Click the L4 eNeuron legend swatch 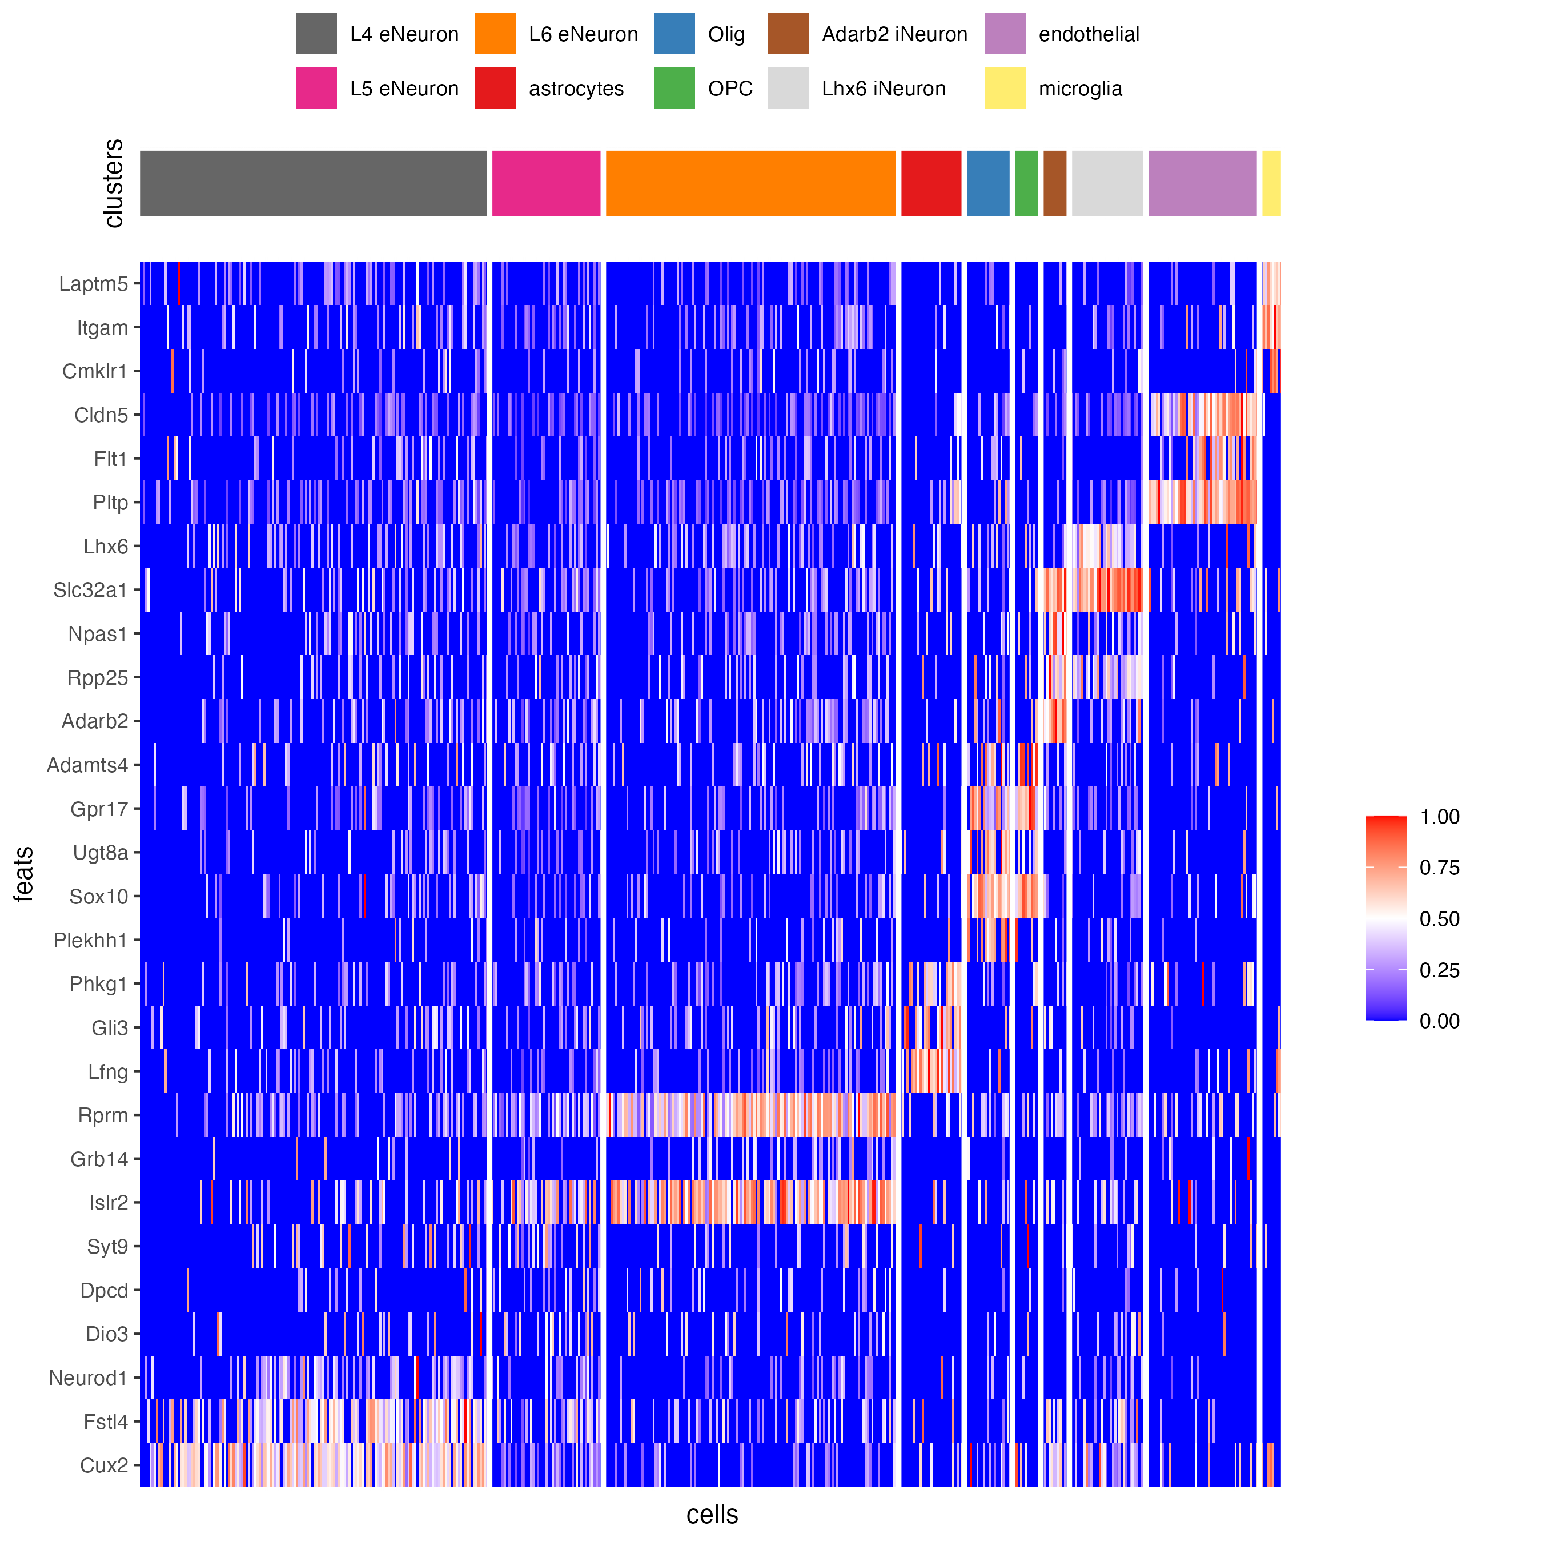point(316,34)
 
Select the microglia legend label point(1080,89)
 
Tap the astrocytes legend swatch point(495,88)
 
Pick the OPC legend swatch point(674,88)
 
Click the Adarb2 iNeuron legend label point(894,34)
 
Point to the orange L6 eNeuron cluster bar point(750,183)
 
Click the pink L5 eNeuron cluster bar point(546,183)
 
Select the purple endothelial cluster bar point(1202,183)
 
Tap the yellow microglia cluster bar point(1271,183)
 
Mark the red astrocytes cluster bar point(931,183)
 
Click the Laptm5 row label point(94,284)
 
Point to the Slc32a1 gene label point(90,591)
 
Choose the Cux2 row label point(104,1466)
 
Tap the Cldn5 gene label point(101,416)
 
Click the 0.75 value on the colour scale point(1439,868)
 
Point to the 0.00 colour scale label point(1439,1022)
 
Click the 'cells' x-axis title point(712,1514)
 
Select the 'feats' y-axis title point(24,874)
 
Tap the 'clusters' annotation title point(113,183)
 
